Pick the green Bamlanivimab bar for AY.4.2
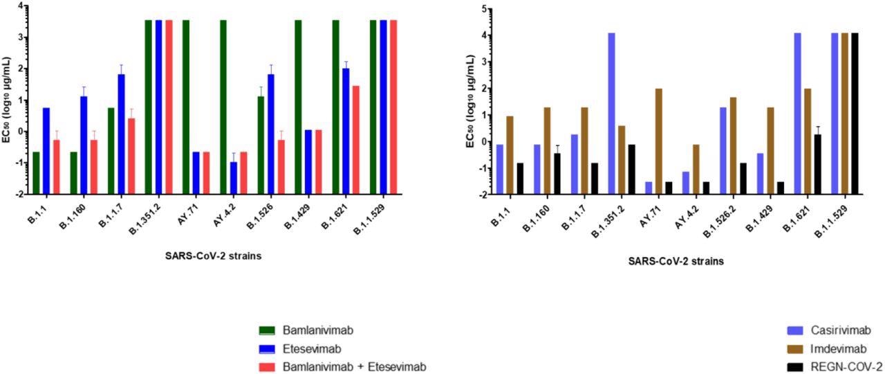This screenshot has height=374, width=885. (223, 107)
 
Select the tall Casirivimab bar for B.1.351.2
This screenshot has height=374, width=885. (611, 114)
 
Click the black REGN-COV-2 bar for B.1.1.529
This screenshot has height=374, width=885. (855, 114)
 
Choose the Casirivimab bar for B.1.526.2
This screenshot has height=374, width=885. (723, 151)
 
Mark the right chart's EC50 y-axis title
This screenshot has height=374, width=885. (469, 100)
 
